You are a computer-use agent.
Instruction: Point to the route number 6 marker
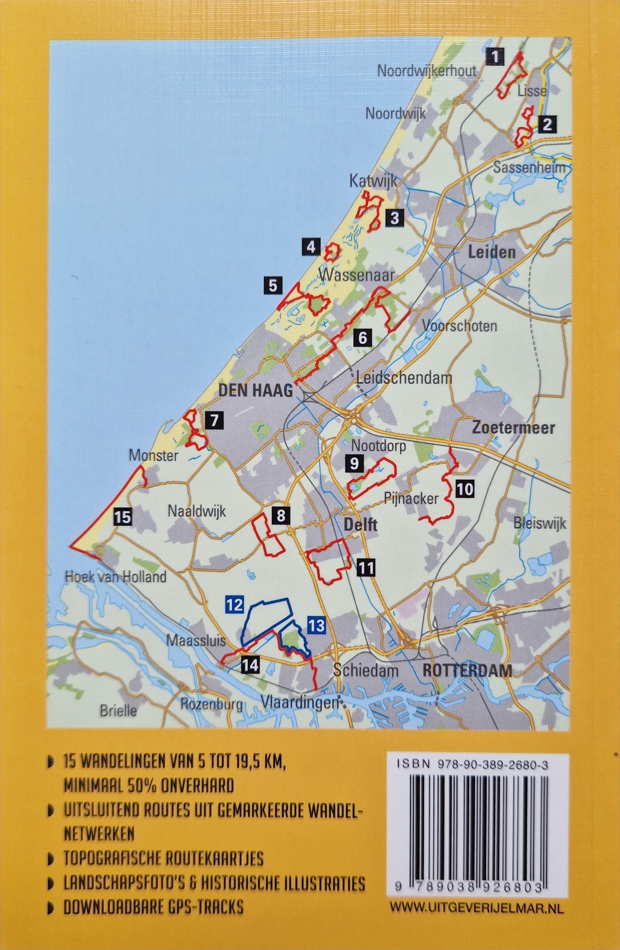pos(363,338)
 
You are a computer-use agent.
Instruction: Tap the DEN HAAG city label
pos(256,391)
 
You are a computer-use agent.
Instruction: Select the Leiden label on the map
pos(491,252)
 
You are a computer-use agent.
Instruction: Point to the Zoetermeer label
pos(513,428)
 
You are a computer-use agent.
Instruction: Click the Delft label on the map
pos(360,524)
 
